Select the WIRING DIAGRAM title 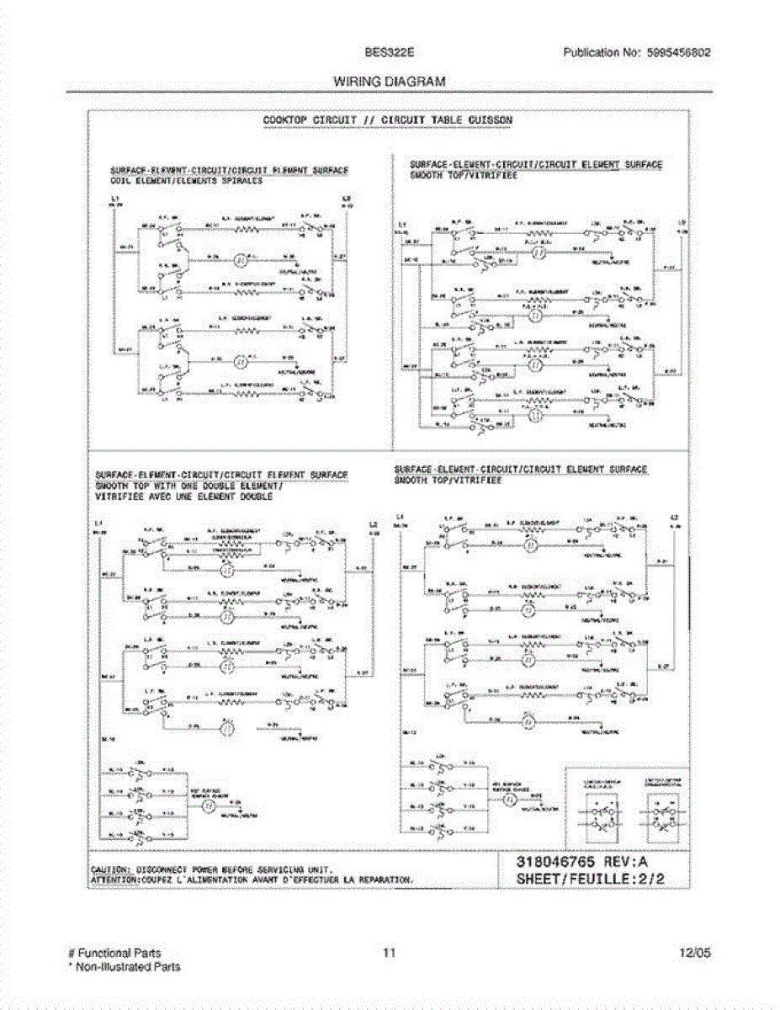coord(390,82)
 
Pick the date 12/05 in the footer coord(696,953)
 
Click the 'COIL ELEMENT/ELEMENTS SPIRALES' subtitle coord(187,180)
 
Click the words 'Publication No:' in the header coord(601,52)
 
